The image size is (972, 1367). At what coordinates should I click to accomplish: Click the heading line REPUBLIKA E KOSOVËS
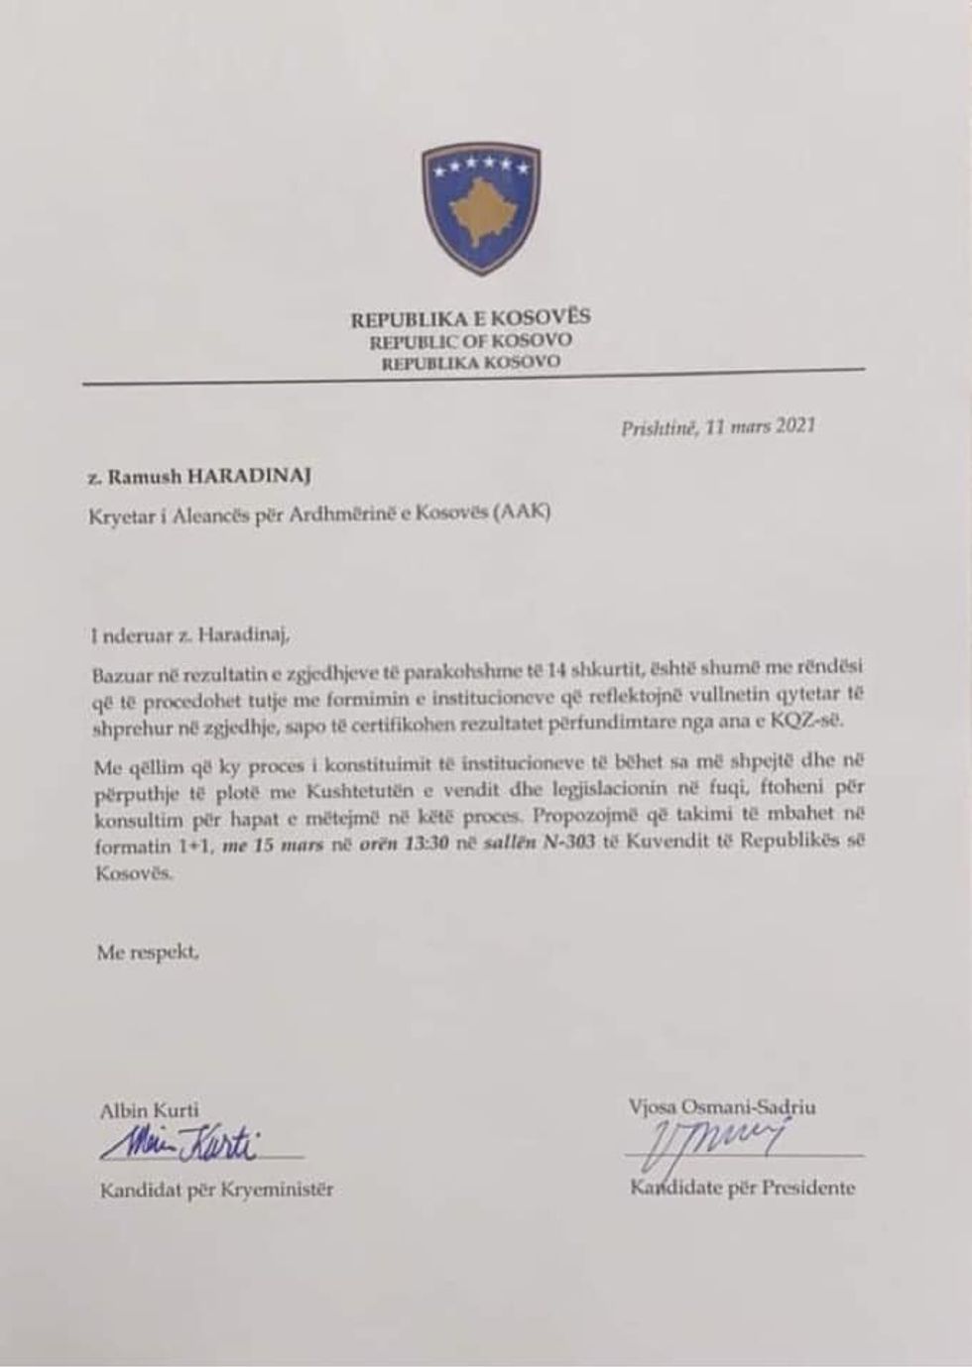pos(470,318)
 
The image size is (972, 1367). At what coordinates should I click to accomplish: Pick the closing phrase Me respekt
pos(148,953)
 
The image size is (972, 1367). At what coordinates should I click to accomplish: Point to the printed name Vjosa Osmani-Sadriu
pos(722,1107)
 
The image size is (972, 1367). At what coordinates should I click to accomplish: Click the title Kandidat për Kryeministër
pos(216,1190)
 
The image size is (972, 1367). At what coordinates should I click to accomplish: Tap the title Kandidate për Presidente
pos(742,1187)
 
